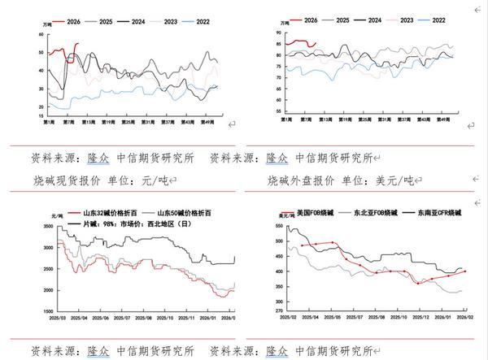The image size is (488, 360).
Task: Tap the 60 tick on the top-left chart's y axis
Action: point(41,34)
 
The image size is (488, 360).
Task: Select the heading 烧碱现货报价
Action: point(72,179)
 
